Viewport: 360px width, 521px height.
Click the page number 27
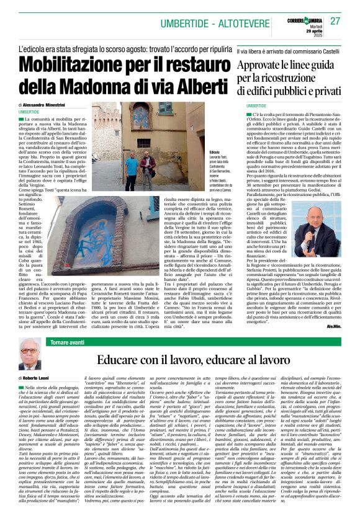coord(336,22)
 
